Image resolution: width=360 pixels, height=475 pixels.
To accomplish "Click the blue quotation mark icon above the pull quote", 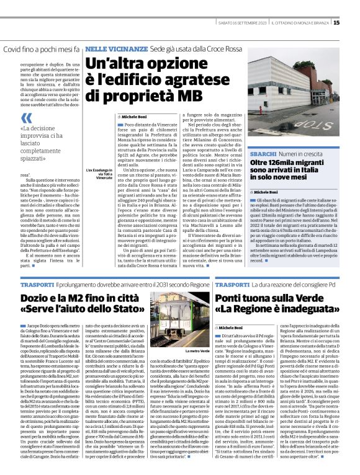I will tap(26, 118).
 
